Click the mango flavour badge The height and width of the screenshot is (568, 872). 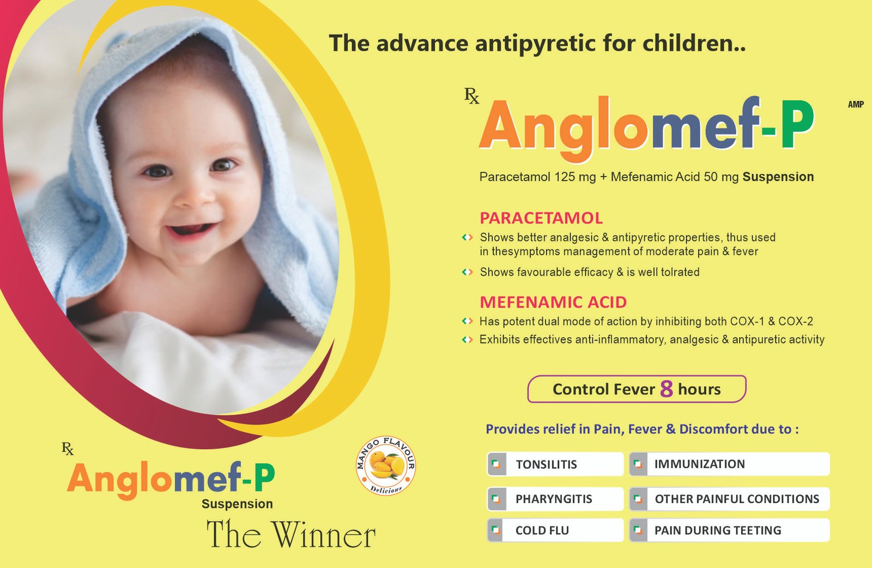coord(386,465)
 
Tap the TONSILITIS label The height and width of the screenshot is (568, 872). coord(546,464)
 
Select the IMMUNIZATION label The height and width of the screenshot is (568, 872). coord(700,464)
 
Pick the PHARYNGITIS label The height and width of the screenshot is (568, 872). coord(554,499)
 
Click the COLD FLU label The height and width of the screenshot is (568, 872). coord(542,530)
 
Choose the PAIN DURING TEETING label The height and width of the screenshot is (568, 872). coord(718,530)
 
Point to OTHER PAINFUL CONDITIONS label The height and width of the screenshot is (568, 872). coord(737,499)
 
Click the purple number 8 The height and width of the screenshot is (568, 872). coord(667,389)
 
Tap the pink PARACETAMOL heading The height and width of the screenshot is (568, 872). coord(541,218)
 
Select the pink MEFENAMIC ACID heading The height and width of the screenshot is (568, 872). coord(553,302)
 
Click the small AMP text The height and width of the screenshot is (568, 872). coord(856,104)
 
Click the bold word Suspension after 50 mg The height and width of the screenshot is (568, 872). coord(778,177)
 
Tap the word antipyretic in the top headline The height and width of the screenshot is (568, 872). coord(535,44)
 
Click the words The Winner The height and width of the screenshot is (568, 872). coord(291,534)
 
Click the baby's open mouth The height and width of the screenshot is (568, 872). coord(191,229)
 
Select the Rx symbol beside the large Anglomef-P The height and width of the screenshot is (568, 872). coord(471,96)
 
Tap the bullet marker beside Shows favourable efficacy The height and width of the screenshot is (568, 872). coord(467,272)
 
